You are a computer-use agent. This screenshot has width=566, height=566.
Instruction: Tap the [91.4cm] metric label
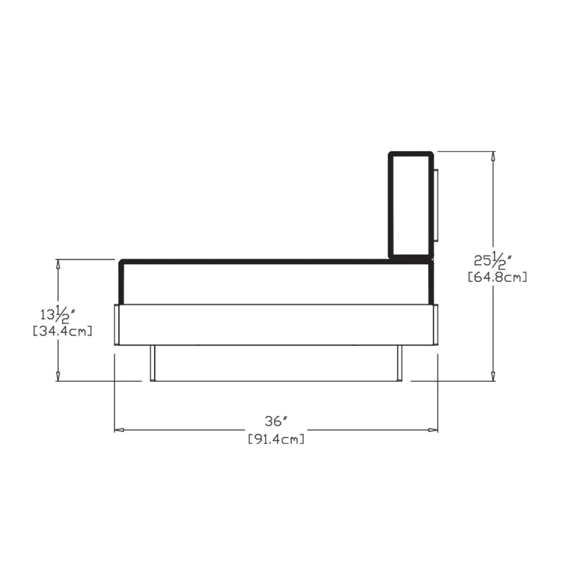point(276,439)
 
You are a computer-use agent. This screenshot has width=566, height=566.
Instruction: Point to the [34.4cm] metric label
point(63,331)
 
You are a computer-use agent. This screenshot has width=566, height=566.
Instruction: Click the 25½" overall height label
point(492,260)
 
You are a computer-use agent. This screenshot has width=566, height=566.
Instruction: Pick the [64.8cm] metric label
point(497,277)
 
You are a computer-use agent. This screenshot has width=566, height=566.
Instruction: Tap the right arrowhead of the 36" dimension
point(433,430)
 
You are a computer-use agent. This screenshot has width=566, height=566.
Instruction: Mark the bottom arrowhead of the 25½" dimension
point(492,376)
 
